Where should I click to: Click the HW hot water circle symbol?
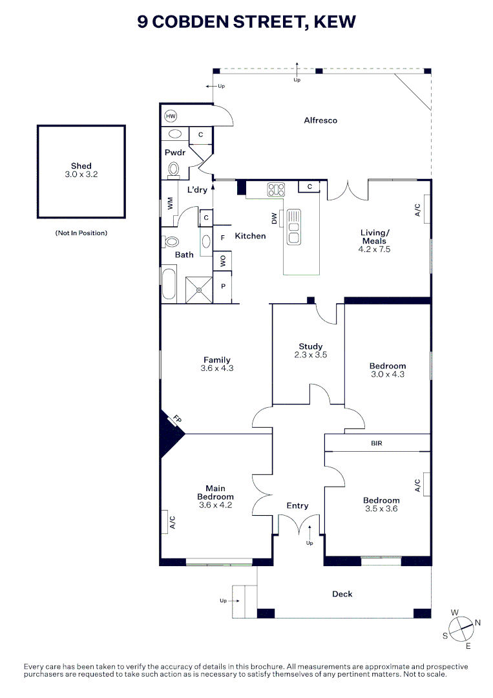(171, 116)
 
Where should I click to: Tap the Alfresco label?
(320, 120)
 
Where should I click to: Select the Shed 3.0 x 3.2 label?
(81, 170)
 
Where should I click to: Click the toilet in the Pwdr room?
(173, 169)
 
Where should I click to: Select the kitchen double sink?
(294, 226)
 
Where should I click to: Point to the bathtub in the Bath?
(169, 284)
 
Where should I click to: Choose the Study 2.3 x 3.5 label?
(310, 350)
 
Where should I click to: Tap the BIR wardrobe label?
(377, 443)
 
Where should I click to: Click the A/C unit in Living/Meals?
(426, 209)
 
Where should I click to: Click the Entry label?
(297, 505)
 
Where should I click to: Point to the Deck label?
(342, 594)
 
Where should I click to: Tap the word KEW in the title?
(335, 21)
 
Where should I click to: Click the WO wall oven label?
(223, 261)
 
